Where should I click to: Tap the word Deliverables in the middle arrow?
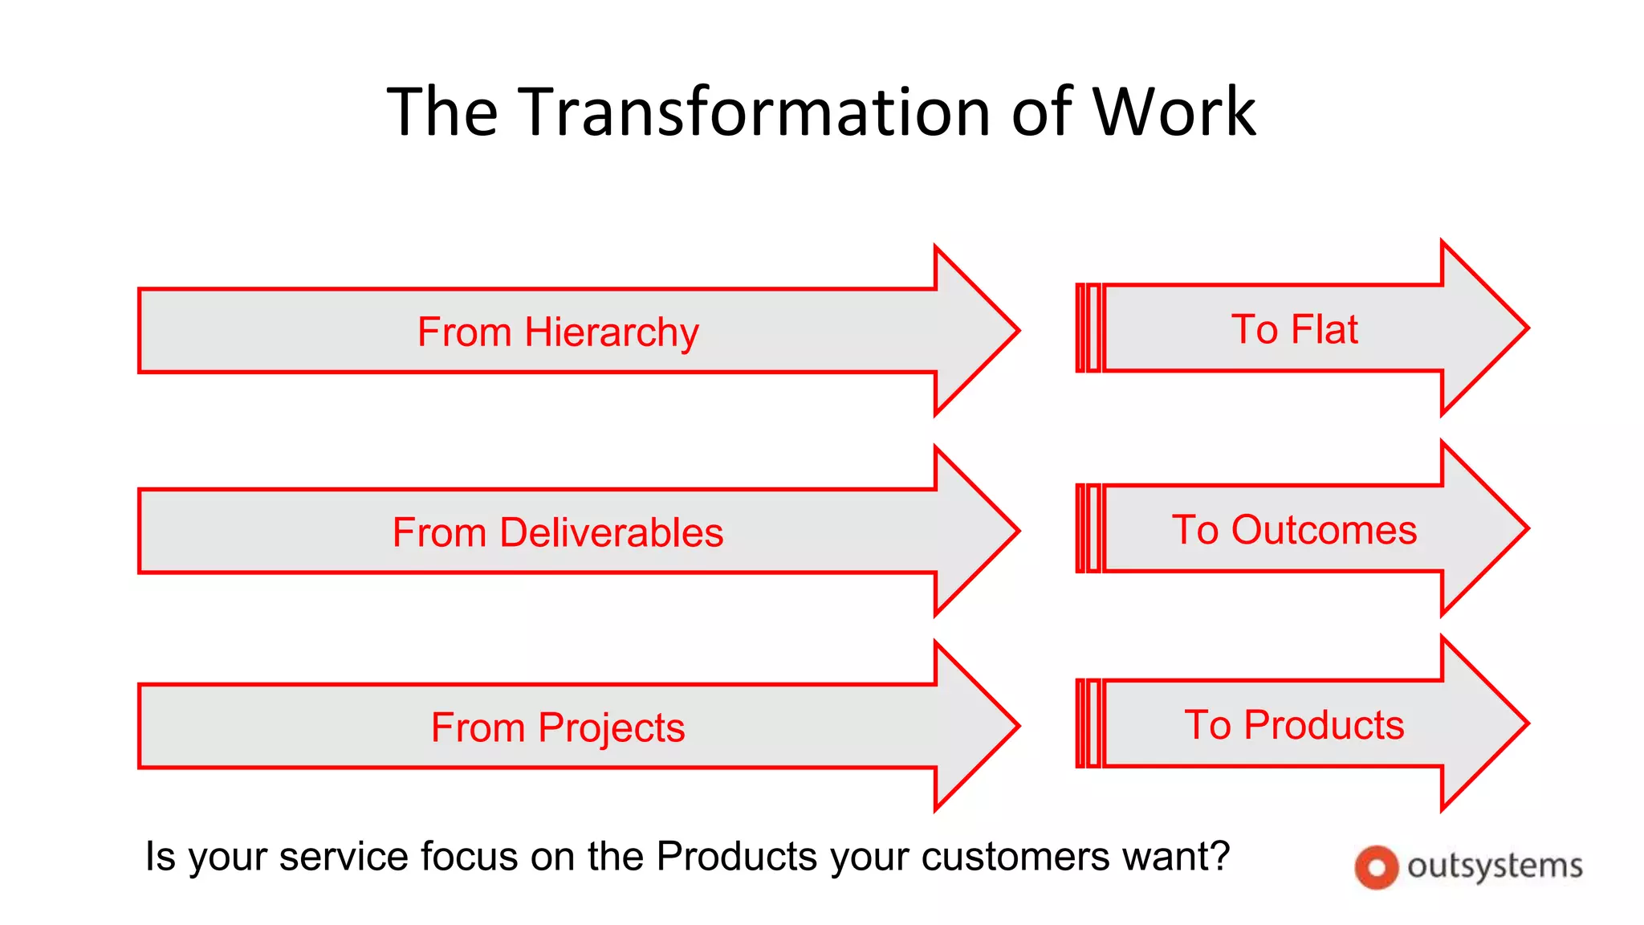tap(611, 532)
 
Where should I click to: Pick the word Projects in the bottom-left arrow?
tap(611, 727)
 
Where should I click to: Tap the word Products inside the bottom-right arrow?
tap(1325, 725)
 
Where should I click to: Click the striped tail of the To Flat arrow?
tap(1089, 328)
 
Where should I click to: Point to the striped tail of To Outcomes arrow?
tap(1089, 528)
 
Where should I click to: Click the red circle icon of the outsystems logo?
tap(1376, 867)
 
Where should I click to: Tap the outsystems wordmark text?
tap(1495, 866)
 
